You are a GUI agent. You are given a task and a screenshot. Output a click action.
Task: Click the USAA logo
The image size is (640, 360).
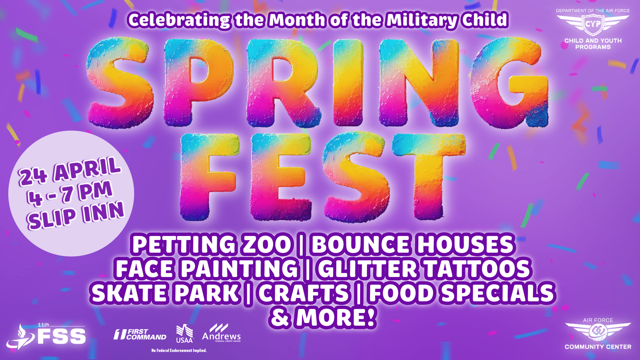pyautogui.click(x=185, y=334)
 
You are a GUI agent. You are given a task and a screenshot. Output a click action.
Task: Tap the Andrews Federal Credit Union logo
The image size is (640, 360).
pyautogui.click(x=221, y=333)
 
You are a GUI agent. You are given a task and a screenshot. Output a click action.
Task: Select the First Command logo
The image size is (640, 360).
pyautogui.click(x=140, y=334)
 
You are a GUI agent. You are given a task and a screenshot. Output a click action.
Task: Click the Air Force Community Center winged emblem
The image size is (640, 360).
pyautogui.click(x=598, y=331)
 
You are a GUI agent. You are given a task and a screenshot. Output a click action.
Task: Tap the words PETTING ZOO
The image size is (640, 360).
pyautogui.click(x=212, y=244)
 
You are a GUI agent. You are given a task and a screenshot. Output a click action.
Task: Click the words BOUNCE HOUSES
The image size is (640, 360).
pyautogui.click(x=413, y=244)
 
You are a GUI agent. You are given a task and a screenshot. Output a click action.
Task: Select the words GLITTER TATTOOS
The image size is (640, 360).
pyautogui.click(x=424, y=269)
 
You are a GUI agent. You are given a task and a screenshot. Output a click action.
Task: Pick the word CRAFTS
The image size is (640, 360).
pyautogui.click(x=304, y=293)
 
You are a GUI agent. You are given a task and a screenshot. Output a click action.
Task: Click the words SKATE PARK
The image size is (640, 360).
pyautogui.click(x=165, y=293)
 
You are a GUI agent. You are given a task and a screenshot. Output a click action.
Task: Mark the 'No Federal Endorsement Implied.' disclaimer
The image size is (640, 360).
pyautogui.click(x=179, y=350)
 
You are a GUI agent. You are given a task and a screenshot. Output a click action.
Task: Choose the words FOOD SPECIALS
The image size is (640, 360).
pyautogui.click(x=462, y=293)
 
